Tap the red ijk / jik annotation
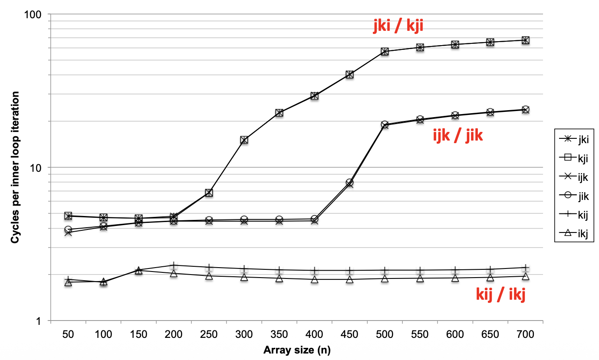(458, 136)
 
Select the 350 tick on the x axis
(279, 334)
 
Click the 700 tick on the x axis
(525, 334)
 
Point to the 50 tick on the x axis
(68, 334)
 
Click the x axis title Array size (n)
(296, 350)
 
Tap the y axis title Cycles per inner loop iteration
(15, 167)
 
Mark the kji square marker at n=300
(244, 140)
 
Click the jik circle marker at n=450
(349, 183)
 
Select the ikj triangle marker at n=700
(525, 276)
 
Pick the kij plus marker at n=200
(174, 265)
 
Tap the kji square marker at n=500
(385, 51)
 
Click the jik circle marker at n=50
(68, 229)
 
